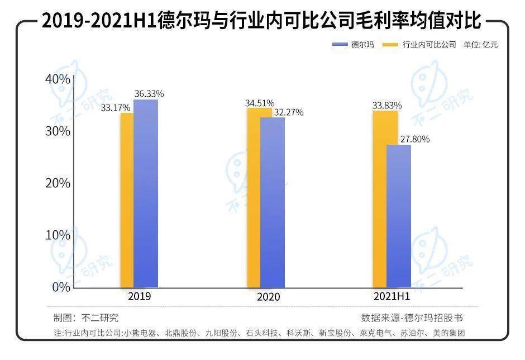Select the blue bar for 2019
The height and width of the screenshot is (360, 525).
click(x=146, y=193)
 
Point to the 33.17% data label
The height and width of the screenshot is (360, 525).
click(x=116, y=107)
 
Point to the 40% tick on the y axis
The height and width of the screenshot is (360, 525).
click(x=58, y=79)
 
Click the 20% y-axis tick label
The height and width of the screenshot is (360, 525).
click(x=58, y=183)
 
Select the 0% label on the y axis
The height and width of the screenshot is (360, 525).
click(x=61, y=287)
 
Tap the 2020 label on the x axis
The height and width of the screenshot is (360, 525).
click(x=268, y=297)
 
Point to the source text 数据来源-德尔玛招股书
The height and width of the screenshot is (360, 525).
click(x=412, y=318)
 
